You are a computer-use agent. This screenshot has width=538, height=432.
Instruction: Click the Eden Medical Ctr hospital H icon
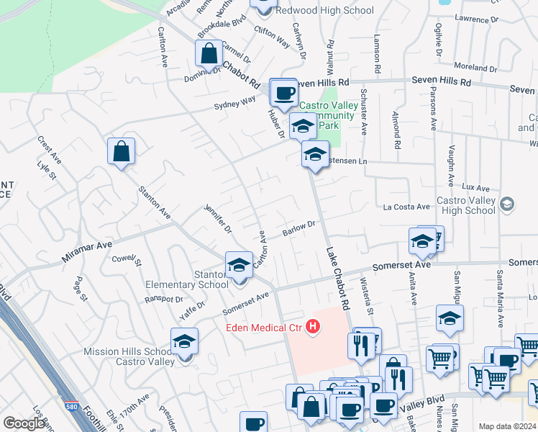(x=313, y=328)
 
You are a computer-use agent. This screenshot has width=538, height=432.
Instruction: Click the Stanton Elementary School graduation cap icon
(x=239, y=265)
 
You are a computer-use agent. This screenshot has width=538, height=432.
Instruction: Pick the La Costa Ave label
(x=406, y=207)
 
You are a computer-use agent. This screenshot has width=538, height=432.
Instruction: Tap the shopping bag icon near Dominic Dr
(x=208, y=53)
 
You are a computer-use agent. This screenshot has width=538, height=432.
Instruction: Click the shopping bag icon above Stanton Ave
(x=122, y=151)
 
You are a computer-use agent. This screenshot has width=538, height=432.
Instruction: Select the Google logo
(x=24, y=423)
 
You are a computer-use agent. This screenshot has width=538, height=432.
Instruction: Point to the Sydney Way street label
(x=234, y=104)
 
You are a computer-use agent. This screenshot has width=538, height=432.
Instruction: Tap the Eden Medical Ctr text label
(x=262, y=328)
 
